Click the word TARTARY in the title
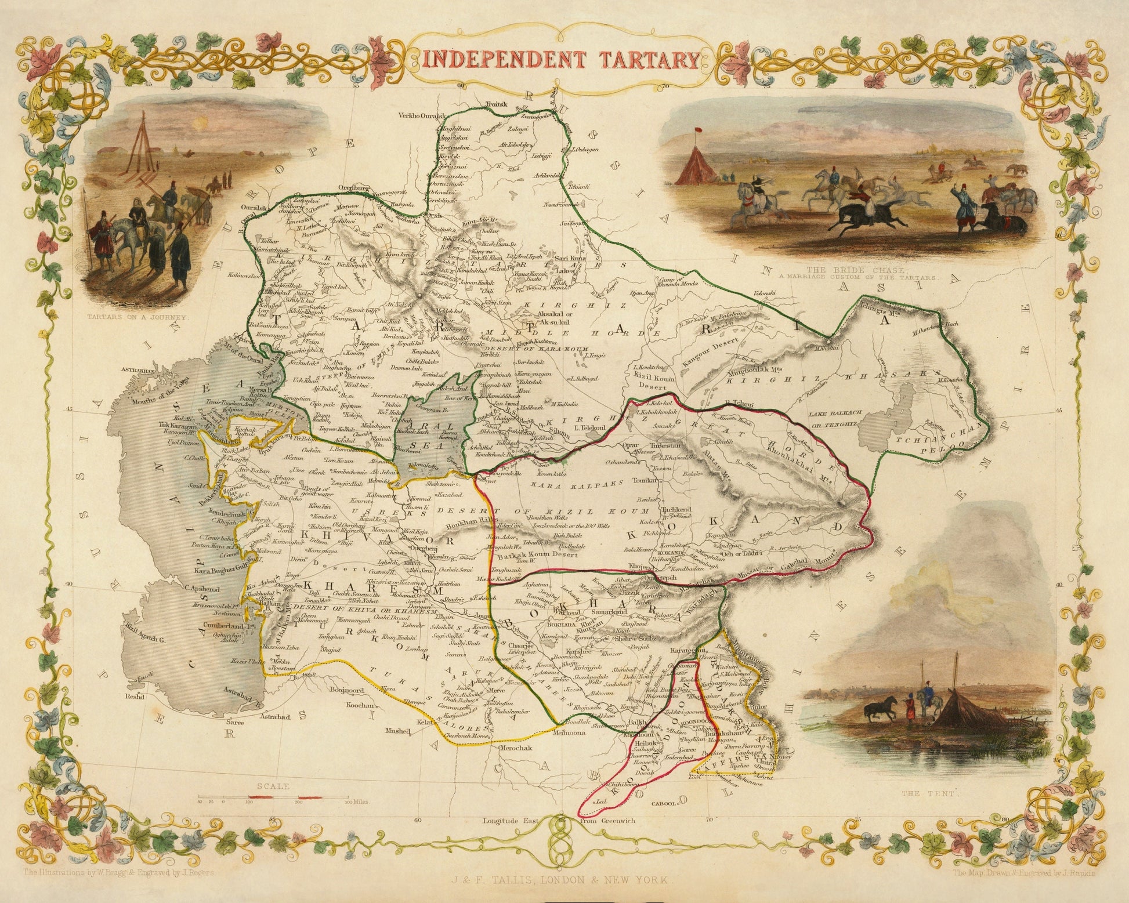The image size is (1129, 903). (643, 59)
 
